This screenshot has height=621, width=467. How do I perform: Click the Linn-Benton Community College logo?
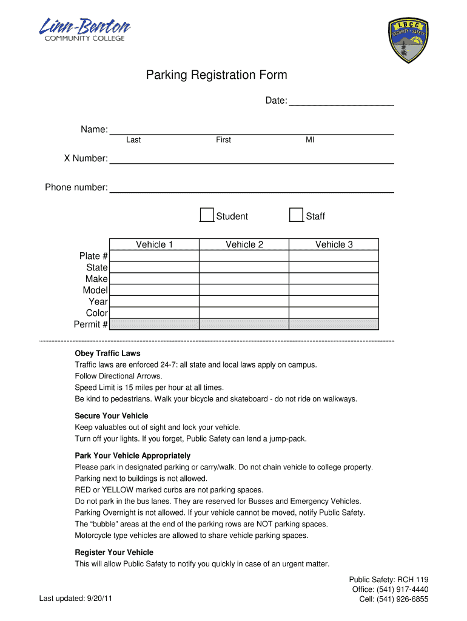pyautogui.click(x=84, y=30)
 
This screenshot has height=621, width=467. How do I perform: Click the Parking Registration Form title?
pyautogui.click(x=217, y=75)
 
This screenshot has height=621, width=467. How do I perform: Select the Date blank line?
pyautogui.click(x=341, y=101)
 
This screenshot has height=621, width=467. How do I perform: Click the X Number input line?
pyautogui.click(x=252, y=159)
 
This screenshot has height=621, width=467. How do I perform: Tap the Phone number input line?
pyautogui.click(x=252, y=187)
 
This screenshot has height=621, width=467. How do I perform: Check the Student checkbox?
pyautogui.click(x=207, y=215)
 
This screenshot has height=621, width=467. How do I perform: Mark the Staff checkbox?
pyautogui.click(x=296, y=215)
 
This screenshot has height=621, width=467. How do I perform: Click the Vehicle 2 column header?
pyautogui.click(x=244, y=244)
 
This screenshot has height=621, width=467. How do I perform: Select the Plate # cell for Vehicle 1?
pyautogui.click(x=154, y=256)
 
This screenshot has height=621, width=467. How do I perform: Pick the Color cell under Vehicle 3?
pyautogui.click(x=334, y=313)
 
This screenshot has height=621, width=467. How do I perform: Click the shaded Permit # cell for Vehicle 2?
pyautogui.click(x=244, y=324)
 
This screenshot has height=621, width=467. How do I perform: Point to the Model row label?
pyautogui.click(x=95, y=290)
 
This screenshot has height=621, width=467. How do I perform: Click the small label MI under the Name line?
pyautogui.click(x=310, y=140)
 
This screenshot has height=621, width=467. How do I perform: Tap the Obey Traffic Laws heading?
pyautogui.click(x=107, y=354)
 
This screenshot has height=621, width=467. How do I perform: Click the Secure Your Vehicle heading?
pyautogui.click(x=111, y=416)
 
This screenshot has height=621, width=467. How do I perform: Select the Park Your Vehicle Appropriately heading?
pyautogui.click(x=132, y=455)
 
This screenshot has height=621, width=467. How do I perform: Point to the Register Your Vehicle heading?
pyautogui.click(x=114, y=552)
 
